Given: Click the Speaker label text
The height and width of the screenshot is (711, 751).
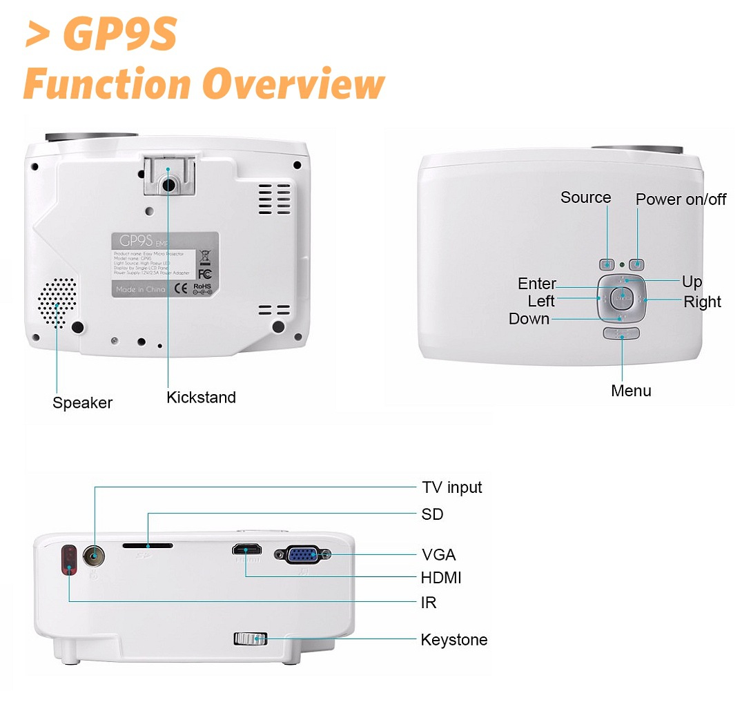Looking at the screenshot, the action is [x=82, y=402].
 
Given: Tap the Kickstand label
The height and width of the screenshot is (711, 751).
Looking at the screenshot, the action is [x=201, y=398].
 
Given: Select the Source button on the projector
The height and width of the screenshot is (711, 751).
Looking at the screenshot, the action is [x=607, y=264].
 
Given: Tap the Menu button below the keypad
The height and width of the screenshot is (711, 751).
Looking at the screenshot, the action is [x=621, y=333].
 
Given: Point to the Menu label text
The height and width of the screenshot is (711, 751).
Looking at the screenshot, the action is [x=631, y=391].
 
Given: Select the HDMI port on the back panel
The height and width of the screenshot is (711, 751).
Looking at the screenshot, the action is [x=246, y=550].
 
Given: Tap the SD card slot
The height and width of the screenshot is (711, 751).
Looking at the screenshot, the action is [x=148, y=545].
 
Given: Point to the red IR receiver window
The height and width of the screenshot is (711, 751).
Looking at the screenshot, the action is [x=69, y=560].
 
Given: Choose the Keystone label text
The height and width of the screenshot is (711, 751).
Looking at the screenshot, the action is [x=453, y=640].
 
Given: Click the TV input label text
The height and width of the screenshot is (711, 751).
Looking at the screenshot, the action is [x=451, y=487].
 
